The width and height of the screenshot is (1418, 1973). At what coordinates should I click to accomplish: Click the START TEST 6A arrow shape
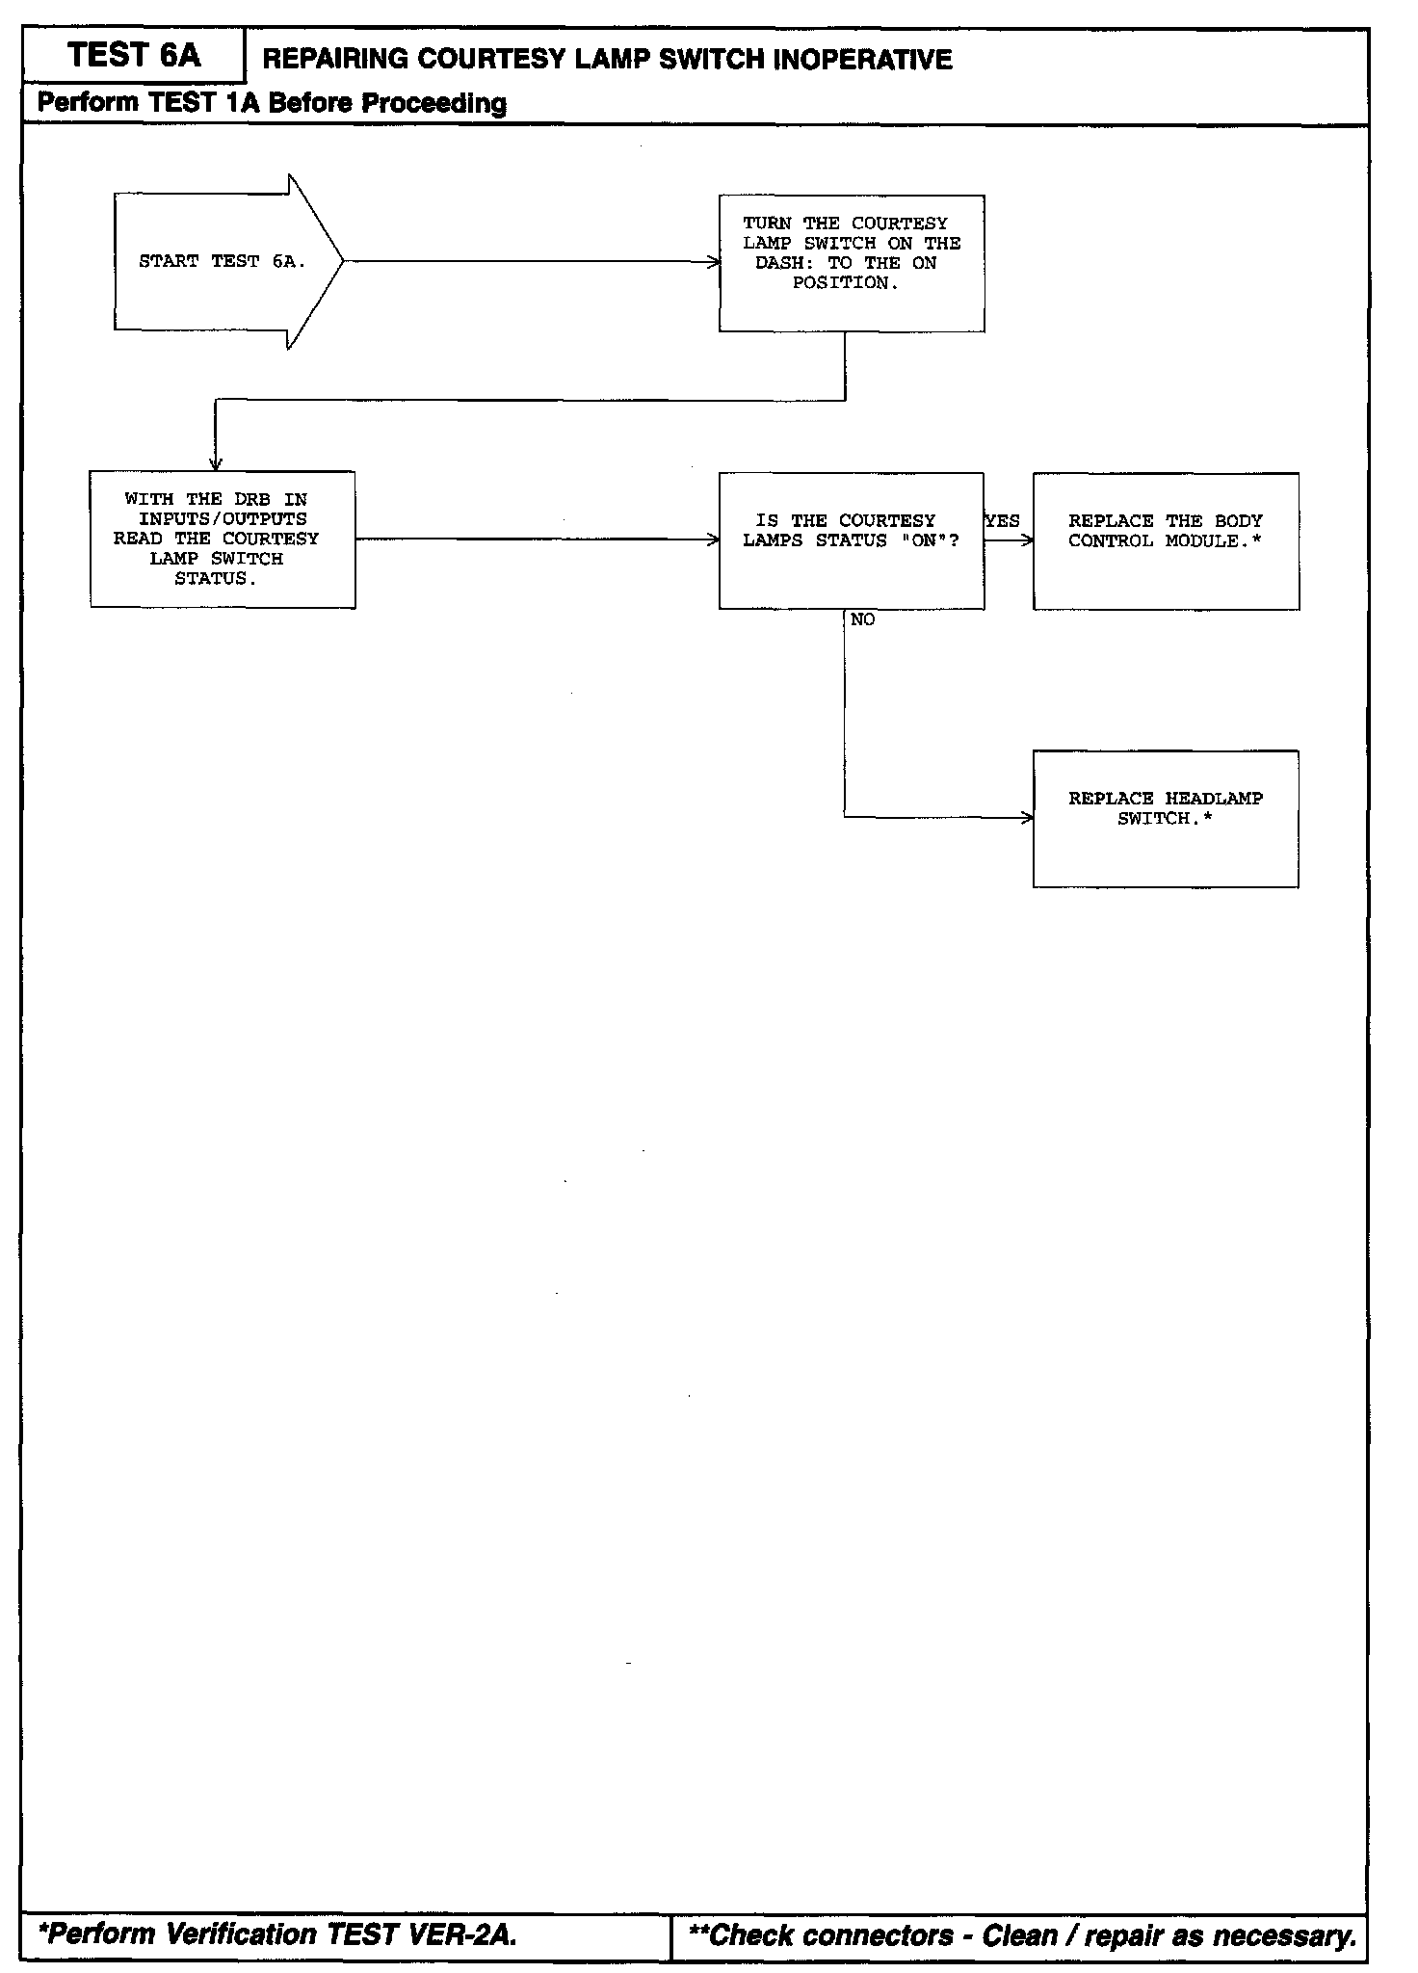tap(222, 261)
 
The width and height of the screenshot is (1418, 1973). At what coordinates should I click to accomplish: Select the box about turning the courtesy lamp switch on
tap(852, 263)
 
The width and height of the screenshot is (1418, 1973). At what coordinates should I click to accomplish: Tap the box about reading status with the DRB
tap(223, 539)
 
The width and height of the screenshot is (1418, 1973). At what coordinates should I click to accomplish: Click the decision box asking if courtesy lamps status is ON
tap(852, 540)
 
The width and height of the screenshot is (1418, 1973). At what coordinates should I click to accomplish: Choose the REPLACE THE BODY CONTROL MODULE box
tap(1166, 540)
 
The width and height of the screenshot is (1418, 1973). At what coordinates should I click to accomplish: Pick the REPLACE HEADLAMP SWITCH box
tap(1166, 818)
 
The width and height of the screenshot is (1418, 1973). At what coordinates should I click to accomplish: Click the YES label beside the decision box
tap(1003, 521)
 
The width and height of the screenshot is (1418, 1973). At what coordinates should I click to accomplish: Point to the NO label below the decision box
tap(862, 620)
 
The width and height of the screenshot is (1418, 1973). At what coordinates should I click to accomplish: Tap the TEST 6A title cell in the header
tap(134, 56)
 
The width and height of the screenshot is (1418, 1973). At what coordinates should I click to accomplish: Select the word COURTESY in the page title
tap(493, 60)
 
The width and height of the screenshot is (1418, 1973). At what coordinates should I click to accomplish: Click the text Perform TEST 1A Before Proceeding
tap(272, 103)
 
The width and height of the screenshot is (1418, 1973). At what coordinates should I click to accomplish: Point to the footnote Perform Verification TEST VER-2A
tap(277, 1934)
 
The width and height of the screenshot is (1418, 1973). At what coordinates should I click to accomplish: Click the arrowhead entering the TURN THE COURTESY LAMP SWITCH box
tap(714, 261)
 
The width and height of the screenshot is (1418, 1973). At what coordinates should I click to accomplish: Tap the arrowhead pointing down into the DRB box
tap(216, 465)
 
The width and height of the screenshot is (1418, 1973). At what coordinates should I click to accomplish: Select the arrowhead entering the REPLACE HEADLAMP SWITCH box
tap(1028, 818)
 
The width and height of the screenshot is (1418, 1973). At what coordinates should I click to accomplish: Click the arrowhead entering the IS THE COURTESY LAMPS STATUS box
tap(714, 539)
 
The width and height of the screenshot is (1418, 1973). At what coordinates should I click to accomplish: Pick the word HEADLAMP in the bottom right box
tap(1214, 799)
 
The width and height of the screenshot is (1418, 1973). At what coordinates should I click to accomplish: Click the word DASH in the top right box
tap(780, 263)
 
